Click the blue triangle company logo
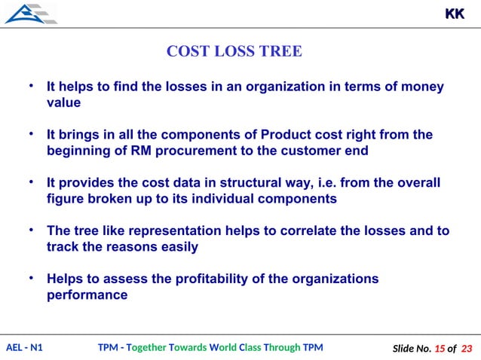29,14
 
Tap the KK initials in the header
455,14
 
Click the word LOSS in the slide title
237,51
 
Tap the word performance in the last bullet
87,295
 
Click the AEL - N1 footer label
24,347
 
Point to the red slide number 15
439,348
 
